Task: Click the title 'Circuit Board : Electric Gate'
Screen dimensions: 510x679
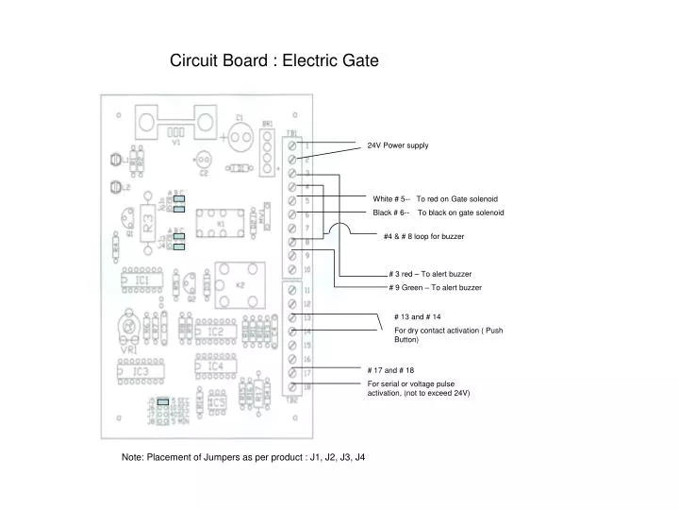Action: (273, 60)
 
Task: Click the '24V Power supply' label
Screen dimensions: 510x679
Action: (397, 145)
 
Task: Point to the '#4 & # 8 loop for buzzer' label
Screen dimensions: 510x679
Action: (423, 235)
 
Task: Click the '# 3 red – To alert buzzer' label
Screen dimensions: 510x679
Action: (429, 274)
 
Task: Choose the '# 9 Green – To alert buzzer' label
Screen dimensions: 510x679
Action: (435, 287)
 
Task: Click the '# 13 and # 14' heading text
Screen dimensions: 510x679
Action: (417, 316)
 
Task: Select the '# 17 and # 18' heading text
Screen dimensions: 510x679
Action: (390, 370)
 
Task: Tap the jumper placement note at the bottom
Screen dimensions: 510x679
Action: (243, 456)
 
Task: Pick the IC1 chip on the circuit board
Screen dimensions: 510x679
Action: (141, 280)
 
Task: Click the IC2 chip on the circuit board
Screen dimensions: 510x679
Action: (215, 332)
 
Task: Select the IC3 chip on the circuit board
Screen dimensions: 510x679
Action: (141, 372)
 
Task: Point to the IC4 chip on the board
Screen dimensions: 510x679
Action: (215, 366)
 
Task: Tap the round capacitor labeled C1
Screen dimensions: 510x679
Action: (240, 137)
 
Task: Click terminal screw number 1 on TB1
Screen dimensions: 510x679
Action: (294, 146)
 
